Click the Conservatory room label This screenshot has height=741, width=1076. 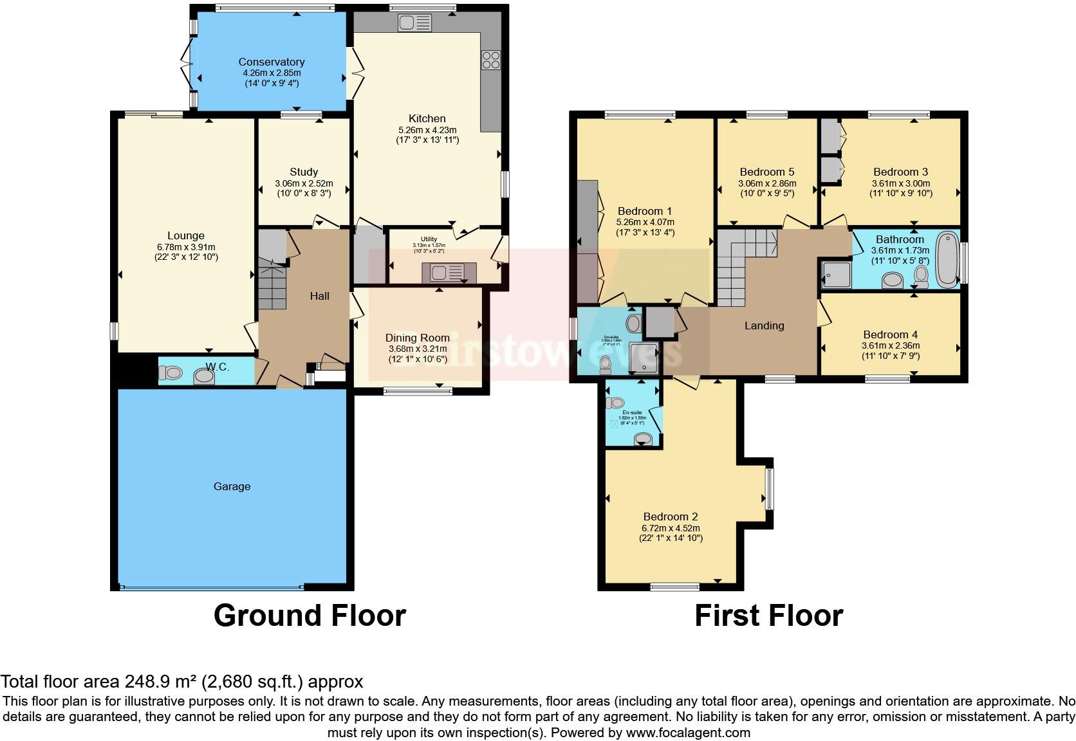tap(271, 62)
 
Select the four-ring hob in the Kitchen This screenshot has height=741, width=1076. tap(491, 60)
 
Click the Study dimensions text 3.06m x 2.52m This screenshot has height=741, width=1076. tap(304, 183)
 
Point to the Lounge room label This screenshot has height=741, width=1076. tap(186, 235)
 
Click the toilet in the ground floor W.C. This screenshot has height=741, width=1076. tap(171, 372)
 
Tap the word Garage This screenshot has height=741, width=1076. tap(232, 486)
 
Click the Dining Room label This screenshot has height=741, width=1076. tap(417, 338)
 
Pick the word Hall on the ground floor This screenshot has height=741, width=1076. tap(320, 296)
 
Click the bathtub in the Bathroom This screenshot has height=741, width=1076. tap(947, 261)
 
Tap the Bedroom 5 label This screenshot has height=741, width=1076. tap(766, 172)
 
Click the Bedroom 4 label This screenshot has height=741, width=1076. tap(890, 334)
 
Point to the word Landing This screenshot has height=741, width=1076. tap(764, 325)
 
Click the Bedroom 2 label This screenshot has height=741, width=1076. tap(671, 517)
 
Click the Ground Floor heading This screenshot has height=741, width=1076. tap(309, 616)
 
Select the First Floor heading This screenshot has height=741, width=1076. tap(768, 616)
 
